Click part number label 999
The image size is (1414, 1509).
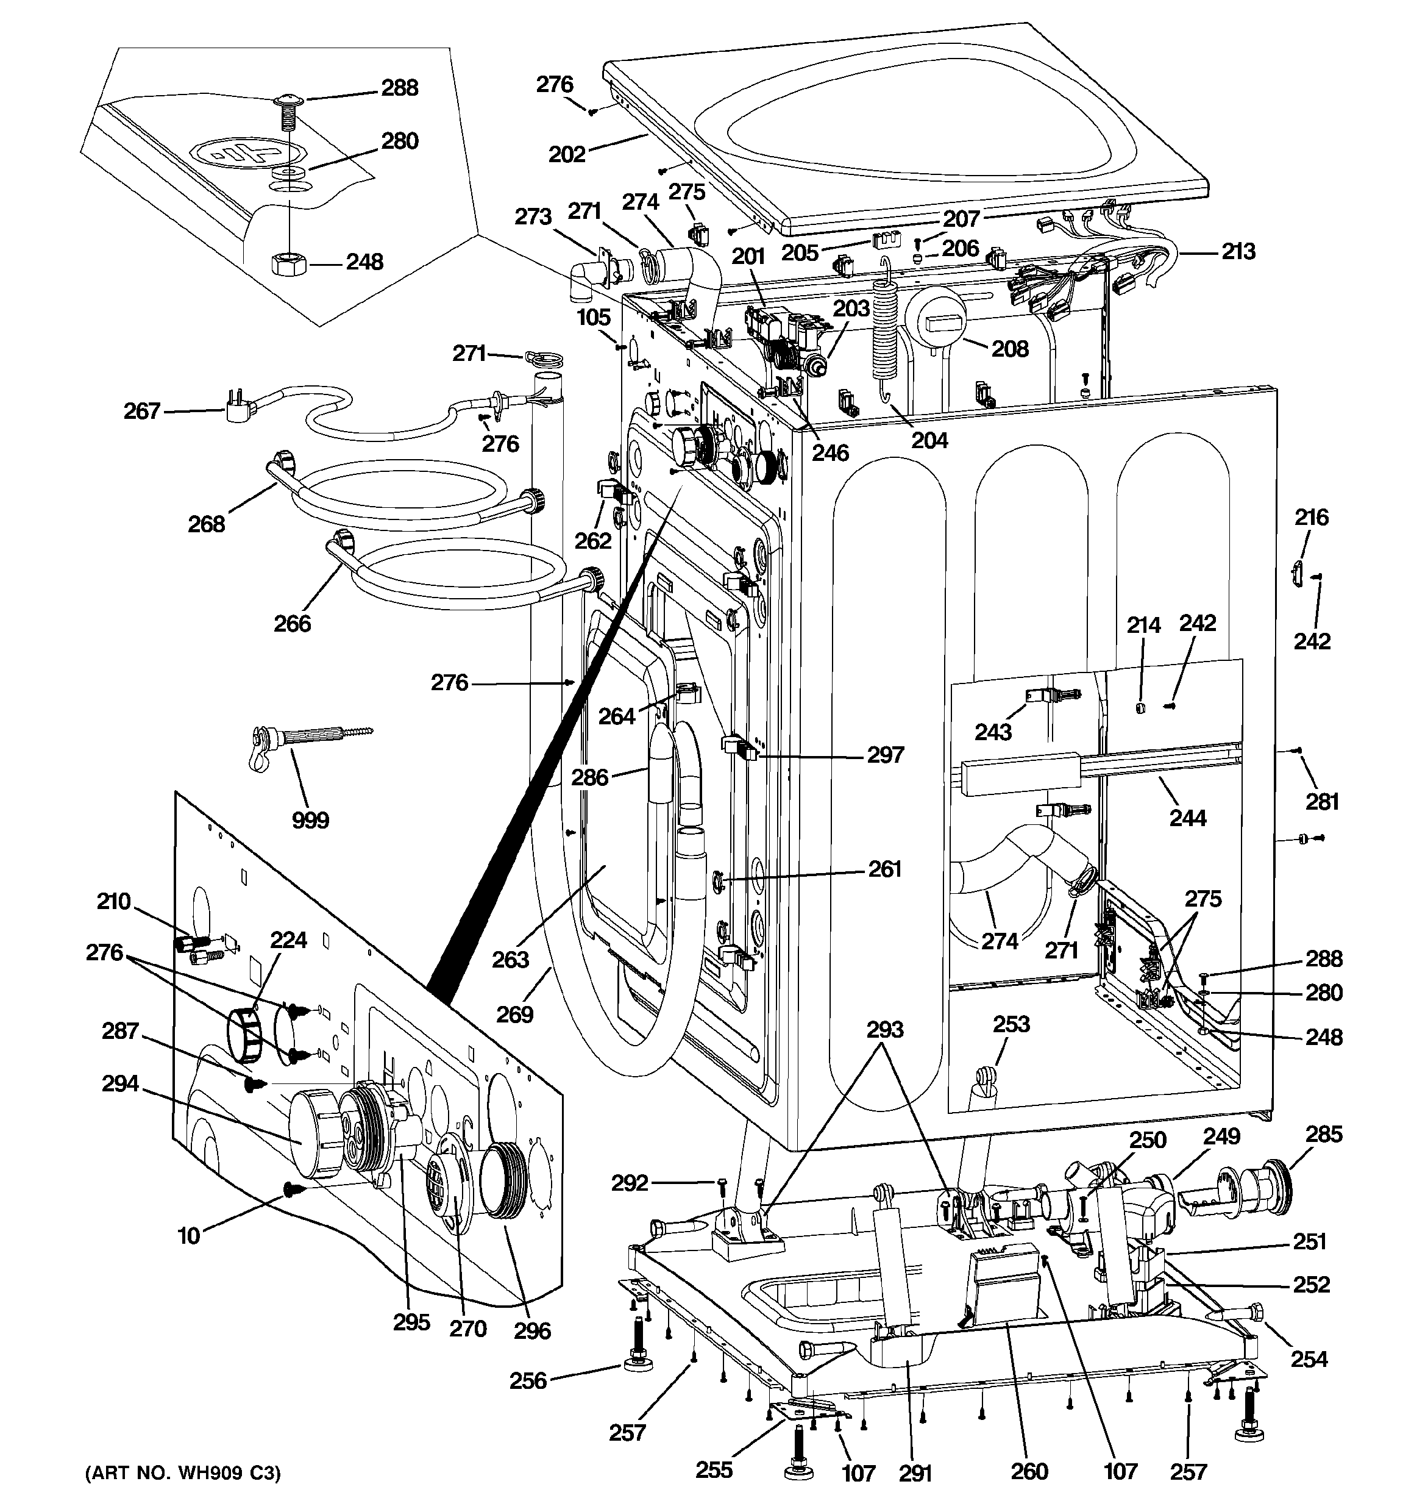pos(310,820)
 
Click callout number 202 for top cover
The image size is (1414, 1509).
pos(567,154)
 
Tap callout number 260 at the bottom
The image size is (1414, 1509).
pos(1029,1472)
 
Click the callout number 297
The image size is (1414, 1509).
pos(886,755)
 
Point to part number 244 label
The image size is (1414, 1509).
pos(1188,818)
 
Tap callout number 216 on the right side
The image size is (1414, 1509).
pos(1312,517)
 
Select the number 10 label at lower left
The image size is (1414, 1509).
pos(188,1236)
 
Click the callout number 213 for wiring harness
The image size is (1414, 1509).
pos(1238,251)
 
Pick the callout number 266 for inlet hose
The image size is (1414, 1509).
pos(292,623)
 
